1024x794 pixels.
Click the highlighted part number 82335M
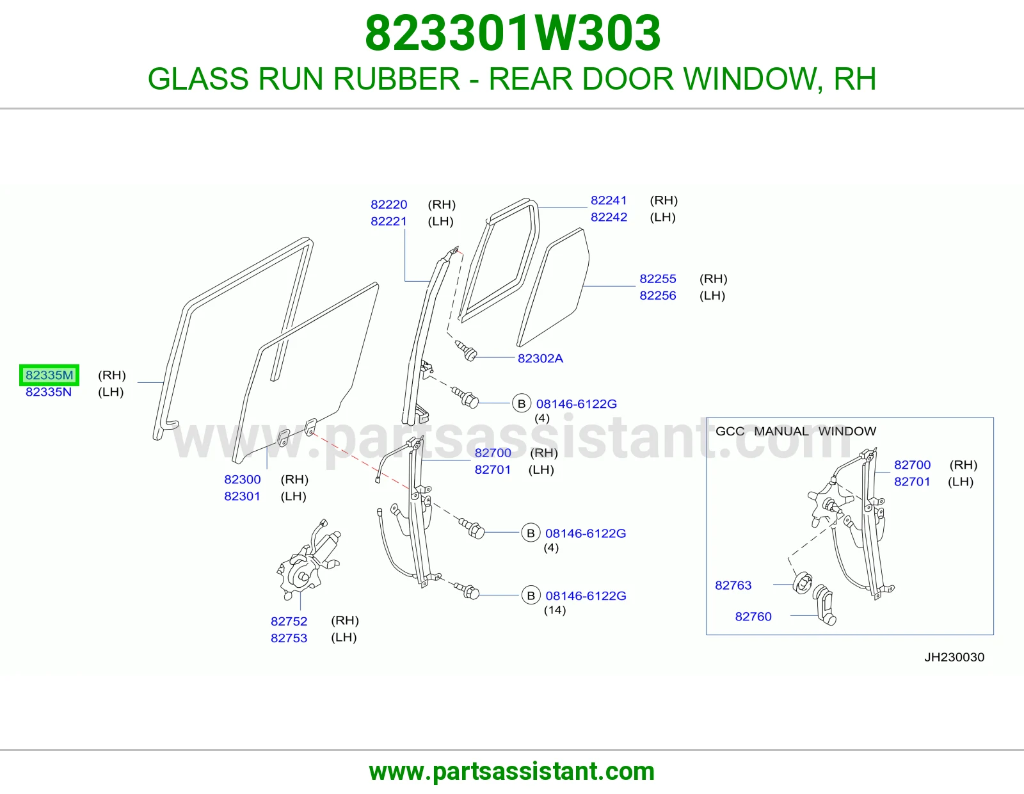(x=49, y=375)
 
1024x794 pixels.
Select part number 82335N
(x=49, y=392)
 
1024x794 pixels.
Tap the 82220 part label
(x=388, y=204)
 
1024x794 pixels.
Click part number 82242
(x=609, y=217)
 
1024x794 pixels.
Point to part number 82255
(x=658, y=279)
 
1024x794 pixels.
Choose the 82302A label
(x=541, y=359)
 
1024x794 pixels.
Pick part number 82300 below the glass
(x=242, y=479)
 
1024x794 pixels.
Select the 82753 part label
(x=289, y=638)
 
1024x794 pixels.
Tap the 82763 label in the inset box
(x=733, y=585)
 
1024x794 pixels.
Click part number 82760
(x=753, y=616)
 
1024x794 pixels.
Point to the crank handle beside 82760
(x=825, y=605)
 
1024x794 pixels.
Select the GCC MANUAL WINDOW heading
(x=796, y=431)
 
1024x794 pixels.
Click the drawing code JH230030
(x=954, y=657)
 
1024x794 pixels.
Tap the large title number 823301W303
(x=513, y=33)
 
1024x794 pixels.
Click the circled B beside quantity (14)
(x=531, y=595)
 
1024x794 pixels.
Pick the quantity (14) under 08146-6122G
(x=555, y=610)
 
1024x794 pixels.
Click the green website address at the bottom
(x=512, y=772)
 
